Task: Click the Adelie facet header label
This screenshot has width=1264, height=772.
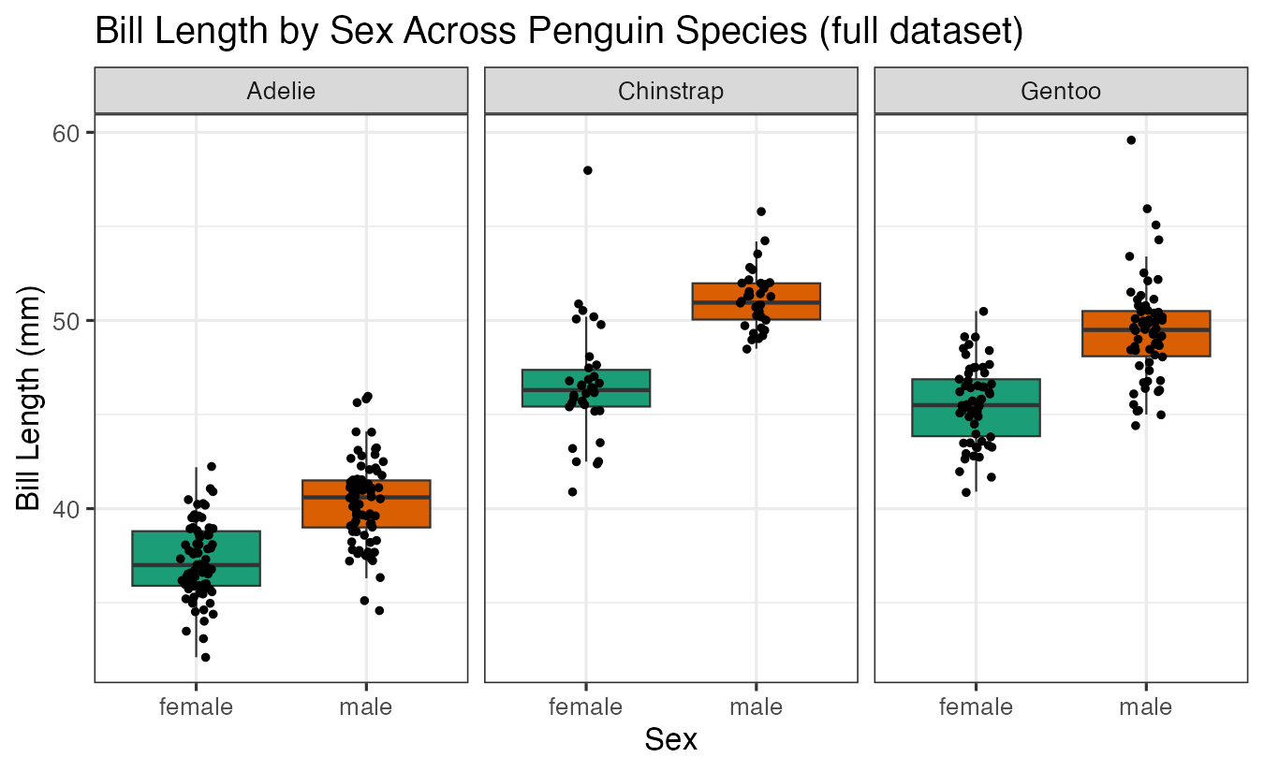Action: [x=281, y=91]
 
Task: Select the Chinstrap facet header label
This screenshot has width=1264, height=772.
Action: [x=670, y=91]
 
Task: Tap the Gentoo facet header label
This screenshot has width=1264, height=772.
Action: [x=1061, y=91]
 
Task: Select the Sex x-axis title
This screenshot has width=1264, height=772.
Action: [x=670, y=740]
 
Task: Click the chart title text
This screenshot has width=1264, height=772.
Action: [x=559, y=32]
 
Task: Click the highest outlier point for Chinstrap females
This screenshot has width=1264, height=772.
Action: [x=587, y=170]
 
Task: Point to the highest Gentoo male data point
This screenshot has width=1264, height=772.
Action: [x=1131, y=140]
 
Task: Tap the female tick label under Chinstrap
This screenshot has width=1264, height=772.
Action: [x=586, y=707]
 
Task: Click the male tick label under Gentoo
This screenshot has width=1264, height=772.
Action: [x=1145, y=707]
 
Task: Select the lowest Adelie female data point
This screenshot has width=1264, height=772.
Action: [x=205, y=657]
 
